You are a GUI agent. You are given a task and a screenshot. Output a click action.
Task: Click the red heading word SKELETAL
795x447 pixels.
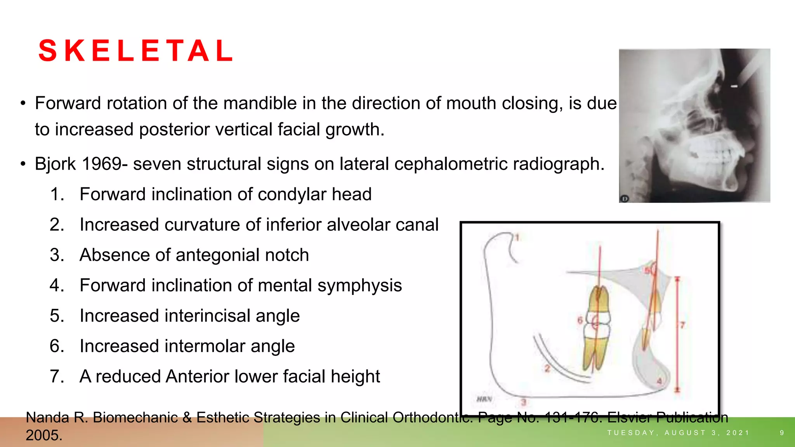coord(136,51)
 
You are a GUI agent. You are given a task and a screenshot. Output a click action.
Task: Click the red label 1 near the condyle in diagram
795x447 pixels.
coord(517,237)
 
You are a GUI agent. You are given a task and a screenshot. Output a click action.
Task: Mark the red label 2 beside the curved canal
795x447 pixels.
coord(547,368)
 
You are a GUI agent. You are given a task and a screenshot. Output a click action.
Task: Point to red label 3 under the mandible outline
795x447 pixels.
coord(523,402)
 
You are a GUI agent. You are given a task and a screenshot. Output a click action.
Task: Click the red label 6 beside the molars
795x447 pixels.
coord(580,321)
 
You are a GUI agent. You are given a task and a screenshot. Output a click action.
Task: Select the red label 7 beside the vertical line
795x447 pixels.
coord(682,325)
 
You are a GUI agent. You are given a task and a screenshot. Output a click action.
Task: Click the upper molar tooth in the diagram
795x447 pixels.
coord(598,301)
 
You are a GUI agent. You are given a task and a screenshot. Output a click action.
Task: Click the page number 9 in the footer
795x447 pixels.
coord(782,433)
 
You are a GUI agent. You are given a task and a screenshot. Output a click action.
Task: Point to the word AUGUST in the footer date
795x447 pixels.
coord(685,433)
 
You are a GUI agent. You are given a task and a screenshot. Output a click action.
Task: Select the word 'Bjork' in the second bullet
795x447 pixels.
coord(55,164)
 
